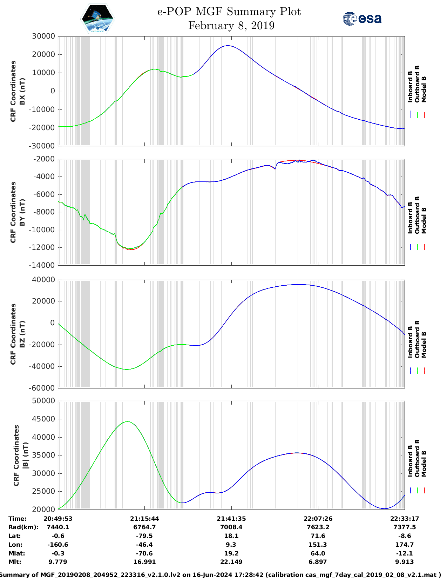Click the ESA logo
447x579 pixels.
(362, 19)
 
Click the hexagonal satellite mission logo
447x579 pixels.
(97, 18)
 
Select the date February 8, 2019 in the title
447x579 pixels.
(231, 26)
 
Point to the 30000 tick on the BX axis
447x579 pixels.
(43, 36)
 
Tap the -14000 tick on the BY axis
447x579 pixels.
(43, 265)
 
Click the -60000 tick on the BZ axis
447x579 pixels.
(43, 388)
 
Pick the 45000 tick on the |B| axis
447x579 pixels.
(43, 419)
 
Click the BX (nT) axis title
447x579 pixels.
(22, 91)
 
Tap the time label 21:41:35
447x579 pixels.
(231, 519)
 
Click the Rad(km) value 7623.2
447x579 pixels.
(318, 527)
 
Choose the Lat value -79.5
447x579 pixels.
(144, 536)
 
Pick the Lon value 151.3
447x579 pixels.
(318, 545)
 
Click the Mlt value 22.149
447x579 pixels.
(231, 562)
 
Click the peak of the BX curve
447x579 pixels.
(228, 46)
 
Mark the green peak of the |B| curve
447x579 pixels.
(127, 422)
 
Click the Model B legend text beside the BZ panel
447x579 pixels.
(424, 345)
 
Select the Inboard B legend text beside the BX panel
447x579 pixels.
(411, 87)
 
